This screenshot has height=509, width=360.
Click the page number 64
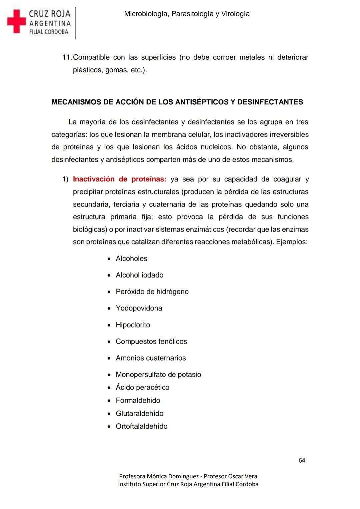(x=302, y=460)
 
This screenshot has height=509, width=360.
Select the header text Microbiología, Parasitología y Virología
(x=187, y=14)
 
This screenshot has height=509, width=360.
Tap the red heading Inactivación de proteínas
(x=119, y=179)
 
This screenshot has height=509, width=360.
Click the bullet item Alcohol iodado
(x=139, y=275)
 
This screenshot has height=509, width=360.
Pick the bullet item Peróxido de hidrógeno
(x=152, y=292)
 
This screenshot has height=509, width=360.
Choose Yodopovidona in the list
(x=139, y=308)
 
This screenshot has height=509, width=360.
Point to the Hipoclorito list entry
(x=133, y=325)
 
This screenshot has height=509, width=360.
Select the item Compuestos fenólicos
(x=151, y=342)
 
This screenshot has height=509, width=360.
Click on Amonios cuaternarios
(x=151, y=358)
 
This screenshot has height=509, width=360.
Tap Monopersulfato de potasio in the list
(x=158, y=375)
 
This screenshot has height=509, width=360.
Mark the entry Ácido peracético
(x=142, y=387)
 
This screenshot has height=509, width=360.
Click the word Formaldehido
(x=138, y=400)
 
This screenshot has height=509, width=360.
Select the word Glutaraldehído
(x=139, y=414)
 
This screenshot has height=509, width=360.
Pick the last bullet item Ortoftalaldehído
(x=141, y=426)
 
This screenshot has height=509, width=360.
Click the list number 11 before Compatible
(x=66, y=57)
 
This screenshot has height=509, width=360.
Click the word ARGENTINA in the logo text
(x=50, y=24)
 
